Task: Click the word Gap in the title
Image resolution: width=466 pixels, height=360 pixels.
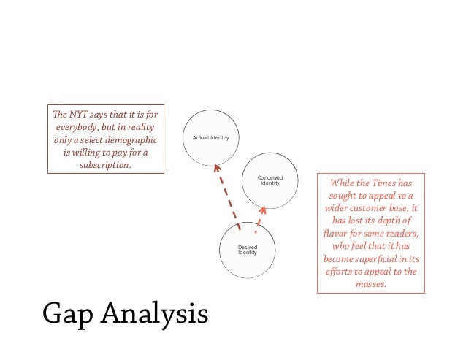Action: point(68,313)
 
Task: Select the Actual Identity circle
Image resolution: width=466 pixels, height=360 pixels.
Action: point(210,137)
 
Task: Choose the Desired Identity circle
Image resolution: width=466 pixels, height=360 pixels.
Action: point(248,250)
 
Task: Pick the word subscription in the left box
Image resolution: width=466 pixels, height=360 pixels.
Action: point(104,166)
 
